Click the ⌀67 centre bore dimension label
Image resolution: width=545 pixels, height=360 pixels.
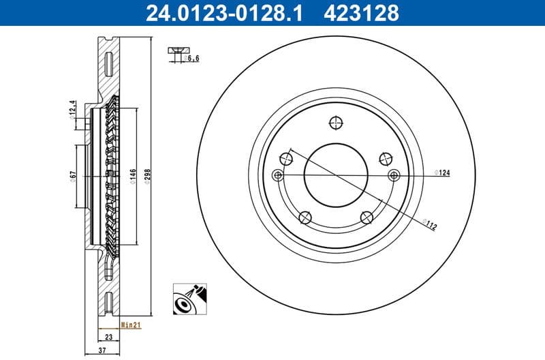pos(73,177)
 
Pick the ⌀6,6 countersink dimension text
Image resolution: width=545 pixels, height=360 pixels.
pos(192,59)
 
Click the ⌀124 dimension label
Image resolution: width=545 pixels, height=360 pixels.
pos(443,173)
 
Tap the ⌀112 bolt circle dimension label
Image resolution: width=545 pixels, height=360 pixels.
pos(429,224)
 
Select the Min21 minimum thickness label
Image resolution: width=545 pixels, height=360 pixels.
pos(130,326)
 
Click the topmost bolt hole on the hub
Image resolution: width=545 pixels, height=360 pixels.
pos(334,123)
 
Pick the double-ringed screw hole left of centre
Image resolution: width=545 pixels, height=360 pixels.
pos(277,175)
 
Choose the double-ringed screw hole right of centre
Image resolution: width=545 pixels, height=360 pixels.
pos(393,175)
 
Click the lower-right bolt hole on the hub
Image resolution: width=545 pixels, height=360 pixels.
pos(367,217)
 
